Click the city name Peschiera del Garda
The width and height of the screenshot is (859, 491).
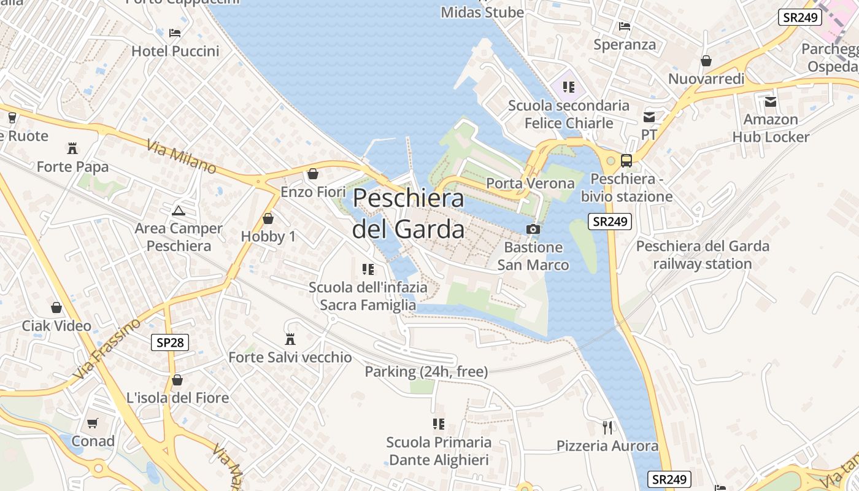coord(408,214)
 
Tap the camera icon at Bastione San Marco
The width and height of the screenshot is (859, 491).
coord(533,229)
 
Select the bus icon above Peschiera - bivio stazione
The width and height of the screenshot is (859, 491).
coord(626,161)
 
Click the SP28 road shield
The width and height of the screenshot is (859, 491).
coord(170,342)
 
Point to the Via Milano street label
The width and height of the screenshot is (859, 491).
coord(182,157)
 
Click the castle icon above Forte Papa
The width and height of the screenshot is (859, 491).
coord(72,148)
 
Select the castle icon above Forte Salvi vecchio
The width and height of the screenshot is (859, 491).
coord(290,339)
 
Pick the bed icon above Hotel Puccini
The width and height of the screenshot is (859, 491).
coord(175,33)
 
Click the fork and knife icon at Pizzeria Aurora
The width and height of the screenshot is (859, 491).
coord(607,427)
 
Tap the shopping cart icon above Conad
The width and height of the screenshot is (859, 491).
coord(93,423)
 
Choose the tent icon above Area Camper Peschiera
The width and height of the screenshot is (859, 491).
coord(179,211)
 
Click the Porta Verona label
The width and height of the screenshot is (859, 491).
coord(530,183)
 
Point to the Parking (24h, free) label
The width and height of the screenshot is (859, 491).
coord(426,371)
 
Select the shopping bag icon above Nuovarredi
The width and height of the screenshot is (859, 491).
coord(706,61)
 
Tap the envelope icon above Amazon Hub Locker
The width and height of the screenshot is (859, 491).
coord(770,101)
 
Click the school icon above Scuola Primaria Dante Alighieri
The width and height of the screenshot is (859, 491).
coord(439,423)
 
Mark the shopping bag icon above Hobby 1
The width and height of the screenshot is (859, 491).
coord(268,218)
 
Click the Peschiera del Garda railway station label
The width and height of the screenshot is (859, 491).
coord(703,255)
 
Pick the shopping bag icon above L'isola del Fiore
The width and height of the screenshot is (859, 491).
coord(177,380)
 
